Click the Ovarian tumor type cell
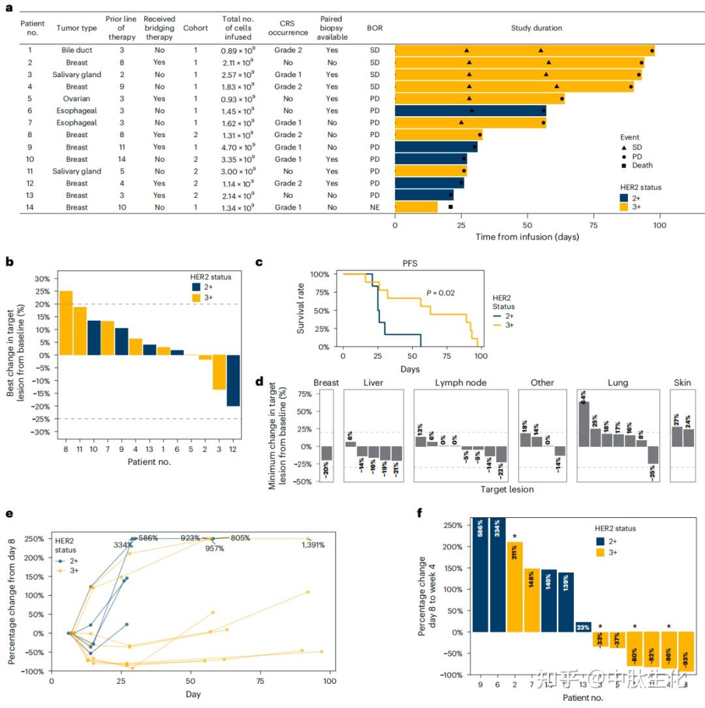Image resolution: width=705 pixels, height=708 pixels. pos(76,99)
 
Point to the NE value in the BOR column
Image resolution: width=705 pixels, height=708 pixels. pos(374,208)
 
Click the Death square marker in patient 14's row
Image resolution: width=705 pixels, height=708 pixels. pos(450,208)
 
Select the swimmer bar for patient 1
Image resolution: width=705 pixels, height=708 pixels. pos(524,51)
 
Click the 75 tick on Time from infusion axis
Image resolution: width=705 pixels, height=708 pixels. pos(593,225)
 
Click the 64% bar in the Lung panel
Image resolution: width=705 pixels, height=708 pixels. pos(584,423)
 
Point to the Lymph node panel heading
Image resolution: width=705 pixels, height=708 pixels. pos(460,383)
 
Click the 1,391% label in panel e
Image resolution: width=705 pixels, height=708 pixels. pos(312,545)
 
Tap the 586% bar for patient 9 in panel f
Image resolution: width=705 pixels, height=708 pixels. pos(480,575)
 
